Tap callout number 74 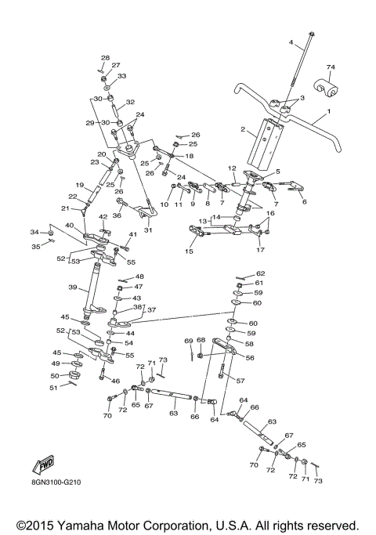[330, 68]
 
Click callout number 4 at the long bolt [291, 42]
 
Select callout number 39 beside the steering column [72, 288]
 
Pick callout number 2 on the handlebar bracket [244, 129]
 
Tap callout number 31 [148, 230]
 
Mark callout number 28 [105, 58]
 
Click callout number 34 [34, 232]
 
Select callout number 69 [188, 341]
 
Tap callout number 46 [115, 381]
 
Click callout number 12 [232, 168]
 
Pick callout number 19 [78, 185]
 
